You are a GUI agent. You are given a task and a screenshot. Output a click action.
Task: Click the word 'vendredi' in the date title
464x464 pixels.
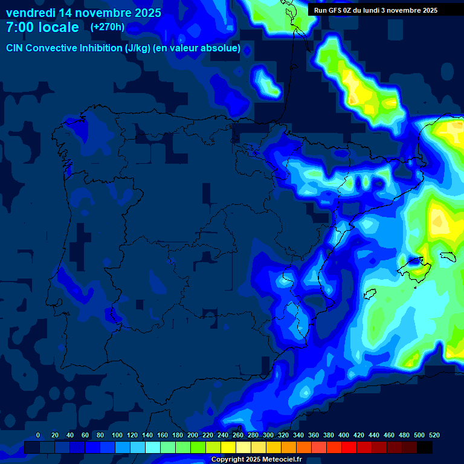tap(30, 13)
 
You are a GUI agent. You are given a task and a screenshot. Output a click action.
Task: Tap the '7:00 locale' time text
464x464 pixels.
tap(42, 27)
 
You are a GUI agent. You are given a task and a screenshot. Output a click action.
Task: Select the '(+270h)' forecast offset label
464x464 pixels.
tap(107, 27)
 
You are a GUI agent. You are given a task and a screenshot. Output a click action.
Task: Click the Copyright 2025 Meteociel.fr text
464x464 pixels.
tap(256, 460)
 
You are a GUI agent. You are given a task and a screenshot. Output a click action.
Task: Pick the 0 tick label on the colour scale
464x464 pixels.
tap(38, 435)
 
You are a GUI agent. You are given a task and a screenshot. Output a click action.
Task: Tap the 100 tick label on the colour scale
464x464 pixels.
tap(117, 435)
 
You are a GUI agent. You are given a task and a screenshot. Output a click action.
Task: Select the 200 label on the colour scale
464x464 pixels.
tap(193, 435)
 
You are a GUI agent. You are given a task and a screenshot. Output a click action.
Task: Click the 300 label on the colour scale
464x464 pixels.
tap(268, 435)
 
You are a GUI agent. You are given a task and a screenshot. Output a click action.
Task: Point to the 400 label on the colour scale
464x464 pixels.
tap(344, 435)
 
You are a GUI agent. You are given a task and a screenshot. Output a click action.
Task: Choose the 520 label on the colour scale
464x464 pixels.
tap(434, 435)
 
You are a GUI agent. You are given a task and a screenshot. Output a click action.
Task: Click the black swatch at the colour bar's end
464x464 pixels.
tap(425, 448)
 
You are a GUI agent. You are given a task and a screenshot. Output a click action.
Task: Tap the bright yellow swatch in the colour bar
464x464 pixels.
tap(228, 448)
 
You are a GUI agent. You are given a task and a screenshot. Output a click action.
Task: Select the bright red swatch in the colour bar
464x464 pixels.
tap(349, 448)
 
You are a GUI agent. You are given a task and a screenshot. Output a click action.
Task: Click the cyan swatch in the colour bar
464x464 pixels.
tap(153, 448)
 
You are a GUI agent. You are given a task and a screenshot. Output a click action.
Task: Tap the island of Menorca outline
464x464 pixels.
tap(447, 256)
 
